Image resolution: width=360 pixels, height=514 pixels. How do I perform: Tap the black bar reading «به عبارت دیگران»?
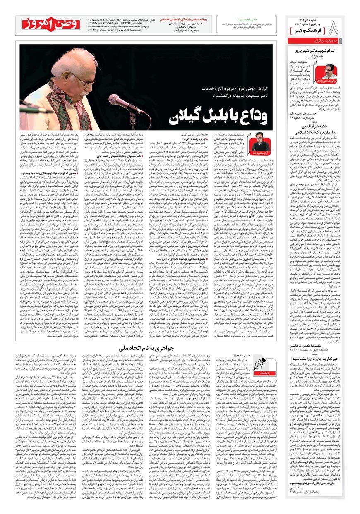(x=322, y=42)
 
